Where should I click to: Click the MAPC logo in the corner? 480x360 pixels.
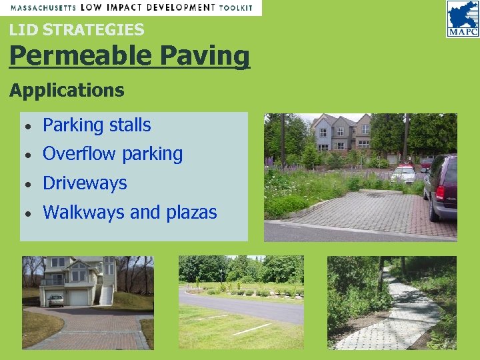[462, 18]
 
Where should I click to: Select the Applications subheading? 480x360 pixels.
[67, 90]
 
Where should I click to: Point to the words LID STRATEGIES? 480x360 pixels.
[77, 29]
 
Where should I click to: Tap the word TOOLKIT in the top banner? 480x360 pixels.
[237, 7]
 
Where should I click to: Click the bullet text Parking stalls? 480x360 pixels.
[97, 125]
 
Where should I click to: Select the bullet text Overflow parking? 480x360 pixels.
[112, 153]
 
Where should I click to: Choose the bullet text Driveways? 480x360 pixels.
[85, 183]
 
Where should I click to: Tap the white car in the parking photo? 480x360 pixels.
[403, 175]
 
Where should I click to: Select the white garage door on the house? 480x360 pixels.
[78, 297]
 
